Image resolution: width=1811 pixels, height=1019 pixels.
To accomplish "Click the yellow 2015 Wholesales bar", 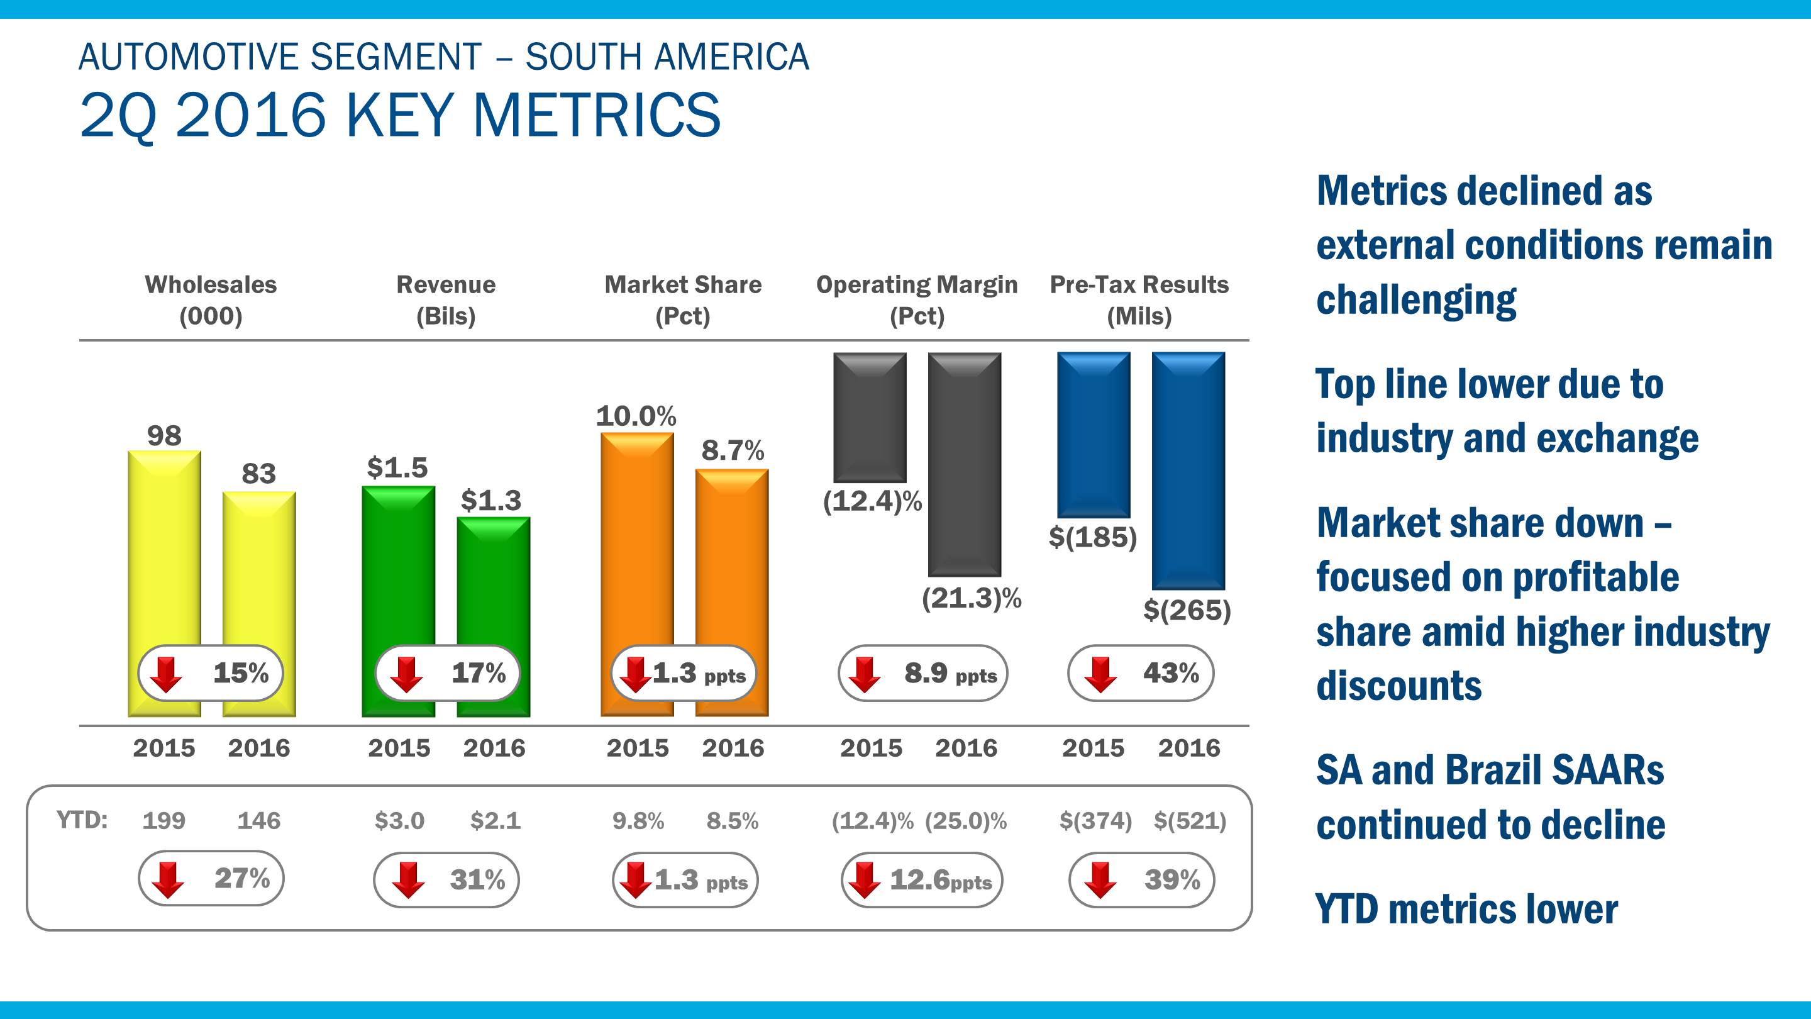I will coord(163,548).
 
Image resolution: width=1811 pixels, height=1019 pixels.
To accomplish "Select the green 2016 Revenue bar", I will coord(494,584).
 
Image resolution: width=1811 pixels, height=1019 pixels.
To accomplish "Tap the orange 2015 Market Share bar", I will coord(637,535).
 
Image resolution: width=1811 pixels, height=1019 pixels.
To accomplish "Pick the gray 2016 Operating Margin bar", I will coord(964,464).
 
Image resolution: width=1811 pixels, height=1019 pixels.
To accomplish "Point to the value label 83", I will coord(258,474).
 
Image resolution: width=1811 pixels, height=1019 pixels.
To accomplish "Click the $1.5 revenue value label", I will coord(397,467).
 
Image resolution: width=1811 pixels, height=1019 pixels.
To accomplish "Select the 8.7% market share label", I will coord(733,451).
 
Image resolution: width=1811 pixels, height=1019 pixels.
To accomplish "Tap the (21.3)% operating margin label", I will coord(972,598).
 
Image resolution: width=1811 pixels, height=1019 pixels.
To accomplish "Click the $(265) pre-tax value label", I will coord(1187,610).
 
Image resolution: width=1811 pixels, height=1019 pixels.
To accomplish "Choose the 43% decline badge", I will coord(1140,673).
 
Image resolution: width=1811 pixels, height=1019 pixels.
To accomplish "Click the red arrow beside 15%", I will coord(167,674).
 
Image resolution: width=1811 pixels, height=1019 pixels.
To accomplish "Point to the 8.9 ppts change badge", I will coord(922,673).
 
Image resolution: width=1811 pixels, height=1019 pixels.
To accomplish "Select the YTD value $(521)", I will coord(1190,821).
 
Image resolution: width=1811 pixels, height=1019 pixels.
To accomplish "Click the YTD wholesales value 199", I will coord(163,821).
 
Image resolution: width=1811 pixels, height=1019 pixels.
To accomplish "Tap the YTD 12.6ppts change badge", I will coord(922,880).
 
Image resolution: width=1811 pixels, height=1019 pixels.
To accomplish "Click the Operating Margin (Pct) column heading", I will coord(917,300).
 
